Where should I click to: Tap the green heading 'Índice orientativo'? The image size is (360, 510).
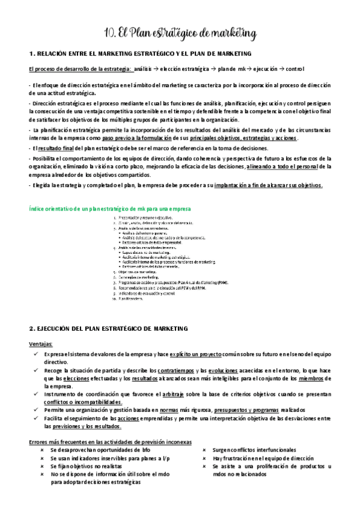pyautogui.click(x=110, y=209)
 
